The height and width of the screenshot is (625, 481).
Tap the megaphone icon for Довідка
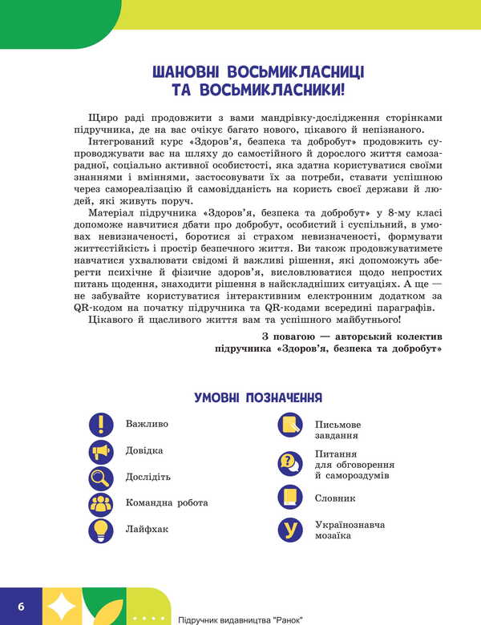pos(101,451)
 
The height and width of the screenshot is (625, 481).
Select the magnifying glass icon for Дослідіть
pos(101,478)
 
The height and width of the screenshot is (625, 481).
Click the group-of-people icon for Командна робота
pos(101,503)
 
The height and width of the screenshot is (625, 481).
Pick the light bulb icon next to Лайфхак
pos(101,530)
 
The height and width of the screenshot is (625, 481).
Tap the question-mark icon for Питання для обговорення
pos(290,462)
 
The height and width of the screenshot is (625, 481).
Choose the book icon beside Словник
pos(290,497)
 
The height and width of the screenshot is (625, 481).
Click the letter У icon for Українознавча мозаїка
pos(290,530)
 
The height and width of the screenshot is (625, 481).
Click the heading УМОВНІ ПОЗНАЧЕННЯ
pos(258,397)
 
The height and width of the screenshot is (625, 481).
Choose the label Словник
pos(335,498)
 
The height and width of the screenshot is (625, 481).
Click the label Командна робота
pos(167,503)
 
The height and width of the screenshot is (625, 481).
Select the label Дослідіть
pos(148,477)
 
